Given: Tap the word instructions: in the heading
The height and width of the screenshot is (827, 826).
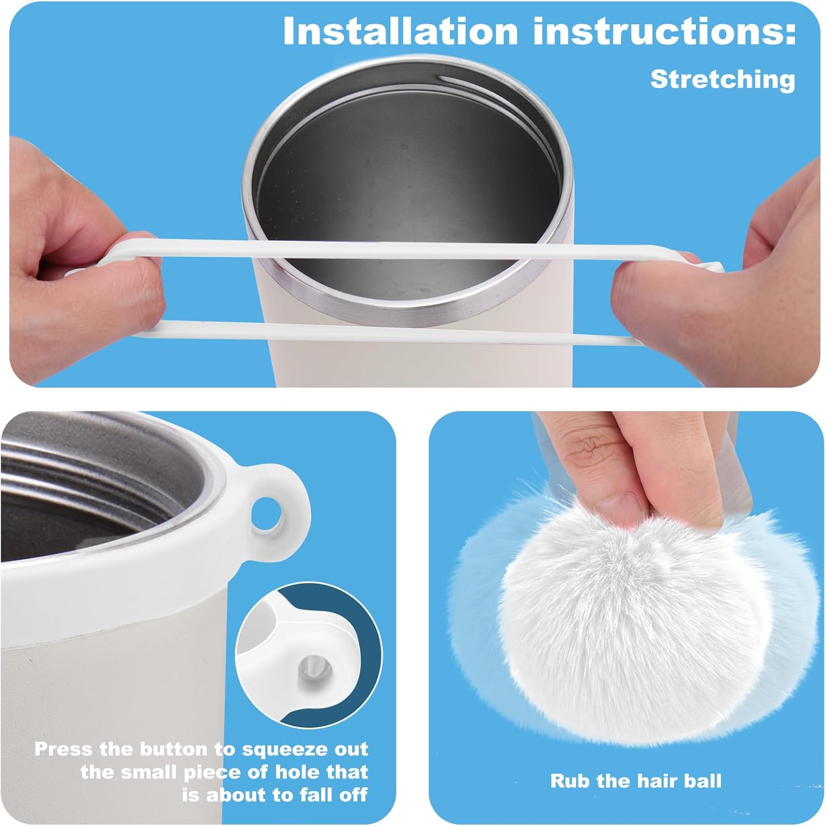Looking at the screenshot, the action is point(664,32).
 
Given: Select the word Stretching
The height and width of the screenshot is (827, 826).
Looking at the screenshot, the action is point(723,79).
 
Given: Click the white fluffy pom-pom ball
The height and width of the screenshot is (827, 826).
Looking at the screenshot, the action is point(634,612).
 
